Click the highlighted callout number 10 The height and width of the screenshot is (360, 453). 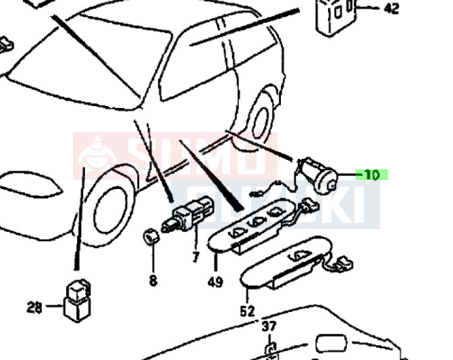[371, 175]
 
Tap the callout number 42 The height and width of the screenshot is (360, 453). [392, 8]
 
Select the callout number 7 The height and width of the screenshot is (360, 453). [196, 257]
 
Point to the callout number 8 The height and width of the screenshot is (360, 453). [153, 280]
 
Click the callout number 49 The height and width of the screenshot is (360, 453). [215, 282]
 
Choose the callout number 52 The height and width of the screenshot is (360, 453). [248, 311]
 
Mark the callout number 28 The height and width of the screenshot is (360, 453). [34, 307]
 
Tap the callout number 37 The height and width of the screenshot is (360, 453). [269, 326]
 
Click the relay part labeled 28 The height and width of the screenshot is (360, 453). [78, 301]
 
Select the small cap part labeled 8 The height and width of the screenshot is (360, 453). [151, 236]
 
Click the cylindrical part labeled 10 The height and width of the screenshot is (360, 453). [320, 176]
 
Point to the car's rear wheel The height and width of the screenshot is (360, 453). [261, 122]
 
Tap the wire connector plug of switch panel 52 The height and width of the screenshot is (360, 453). [344, 263]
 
